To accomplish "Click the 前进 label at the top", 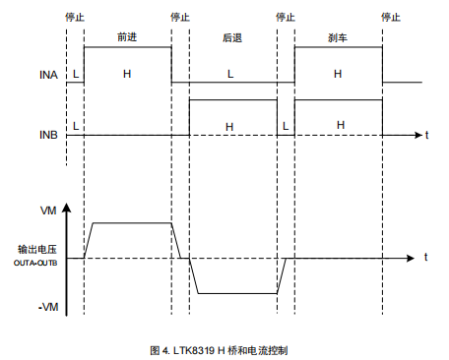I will (x=125, y=36).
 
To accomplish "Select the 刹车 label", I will (x=338, y=36).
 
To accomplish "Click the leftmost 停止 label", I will (x=74, y=17).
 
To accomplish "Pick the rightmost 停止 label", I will (x=392, y=17).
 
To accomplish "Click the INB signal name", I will (x=47, y=133).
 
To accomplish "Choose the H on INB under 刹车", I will (x=340, y=126).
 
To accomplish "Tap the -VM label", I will (x=46, y=308).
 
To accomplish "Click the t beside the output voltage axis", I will (x=425, y=256).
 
